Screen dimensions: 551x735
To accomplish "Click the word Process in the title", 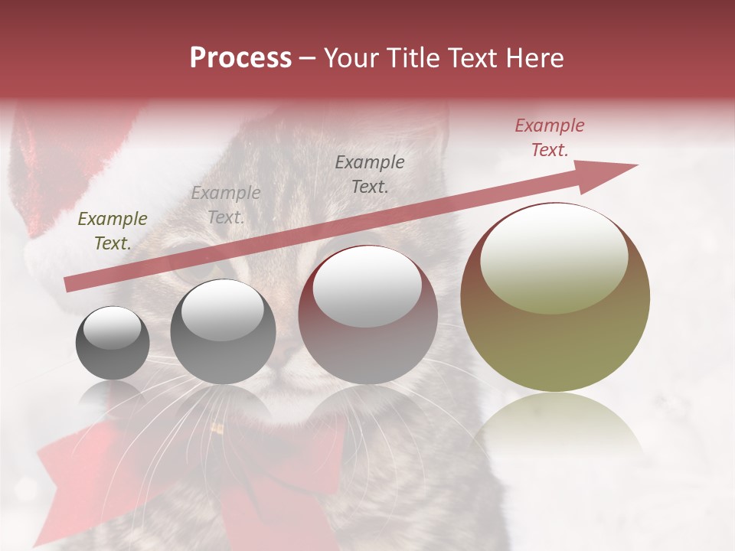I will pyautogui.click(x=240, y=58).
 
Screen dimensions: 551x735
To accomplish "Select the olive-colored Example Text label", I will pyautogui.click(x=113, y=231).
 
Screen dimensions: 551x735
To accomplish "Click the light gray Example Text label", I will pyautogui.click(x=225, y=205).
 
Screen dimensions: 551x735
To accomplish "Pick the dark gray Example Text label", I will pyautogui.click(x=370, y=174).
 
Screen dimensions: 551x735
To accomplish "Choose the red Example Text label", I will pyautogui.click(x=549, y=138).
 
